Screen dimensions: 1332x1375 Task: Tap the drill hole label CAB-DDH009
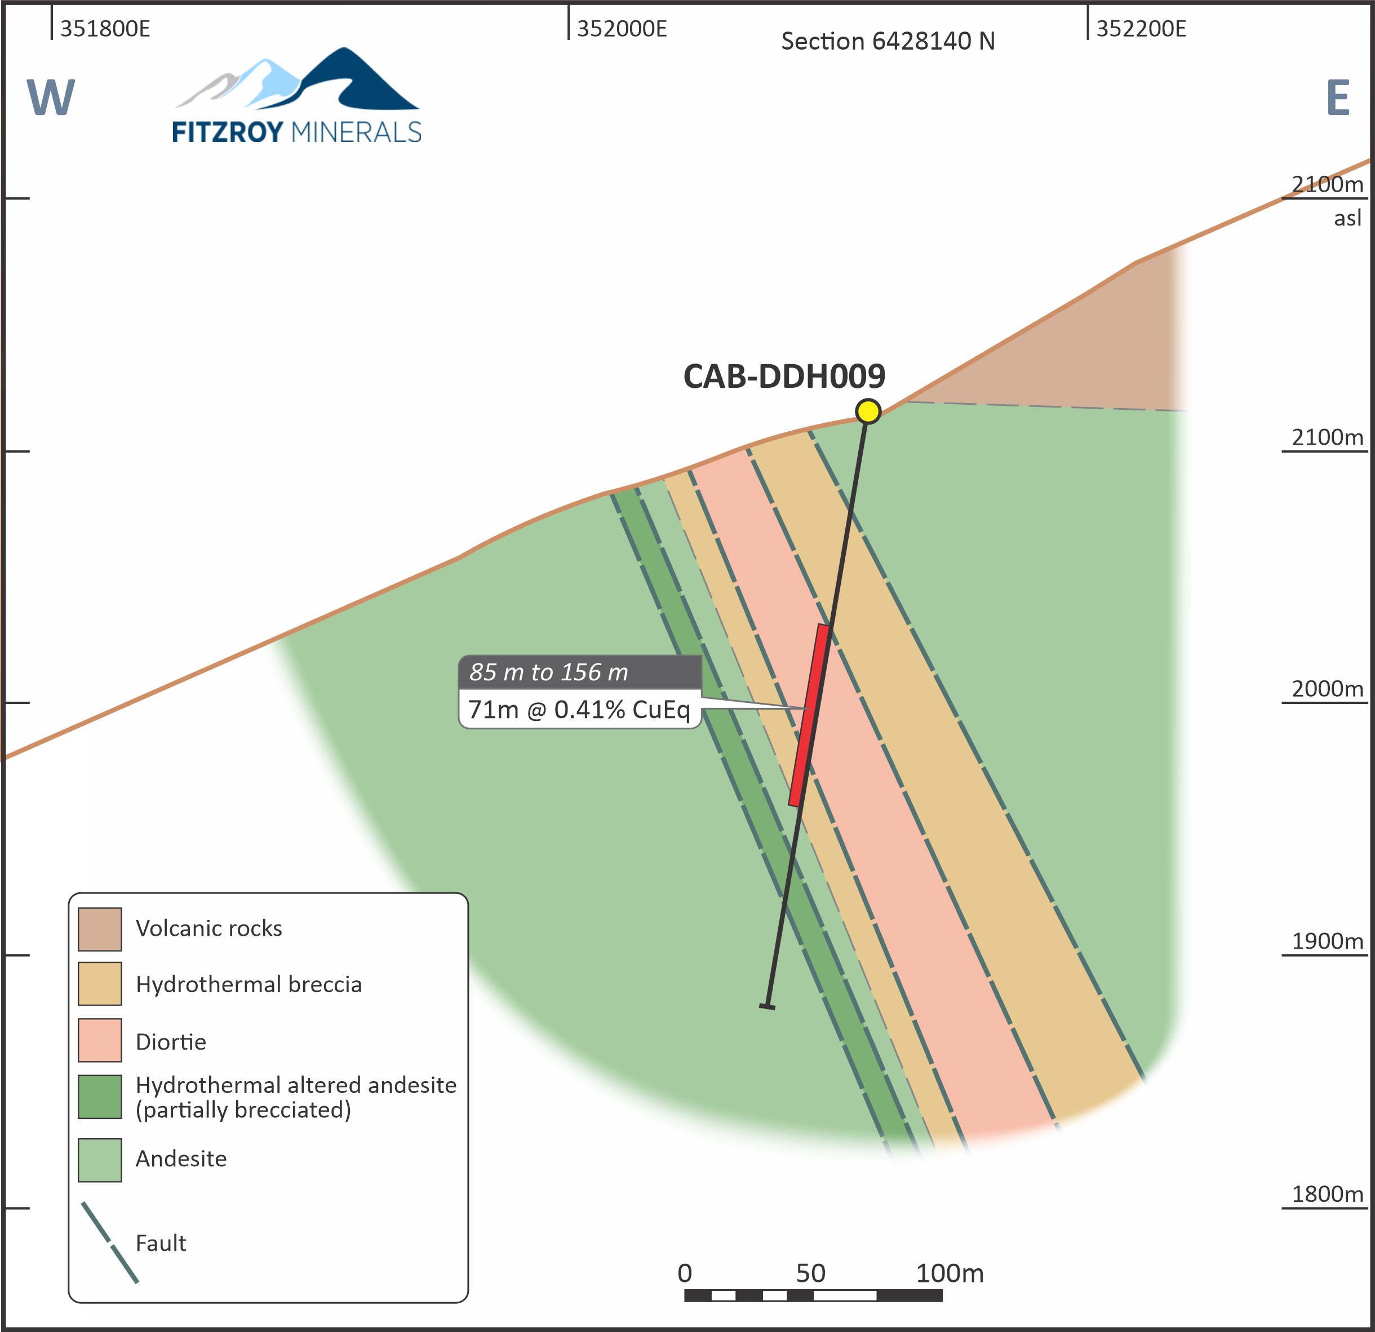(784, 377)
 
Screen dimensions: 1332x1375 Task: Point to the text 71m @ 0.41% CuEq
(579, 710)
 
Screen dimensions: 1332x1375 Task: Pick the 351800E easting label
(104, 29)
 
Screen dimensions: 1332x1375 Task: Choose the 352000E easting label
(622, 29)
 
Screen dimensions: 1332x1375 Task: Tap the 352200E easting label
(1141, 29)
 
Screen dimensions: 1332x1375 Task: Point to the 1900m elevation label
(1327, 941)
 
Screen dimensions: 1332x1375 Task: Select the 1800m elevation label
(1327, 1194)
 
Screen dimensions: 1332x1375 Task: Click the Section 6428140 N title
(888, 41)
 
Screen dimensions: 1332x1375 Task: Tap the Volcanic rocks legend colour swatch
(100, 929)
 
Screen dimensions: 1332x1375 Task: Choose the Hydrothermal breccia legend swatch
(100, 984)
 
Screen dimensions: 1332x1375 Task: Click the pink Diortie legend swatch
(100, 1040)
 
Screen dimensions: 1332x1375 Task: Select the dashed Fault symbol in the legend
(109, 1243)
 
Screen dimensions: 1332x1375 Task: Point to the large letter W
(51, 98)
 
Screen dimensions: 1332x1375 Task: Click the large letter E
(1338, 98)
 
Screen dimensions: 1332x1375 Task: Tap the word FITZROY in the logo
(227, 132)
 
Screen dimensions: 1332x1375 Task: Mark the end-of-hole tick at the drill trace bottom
(768, 1007)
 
